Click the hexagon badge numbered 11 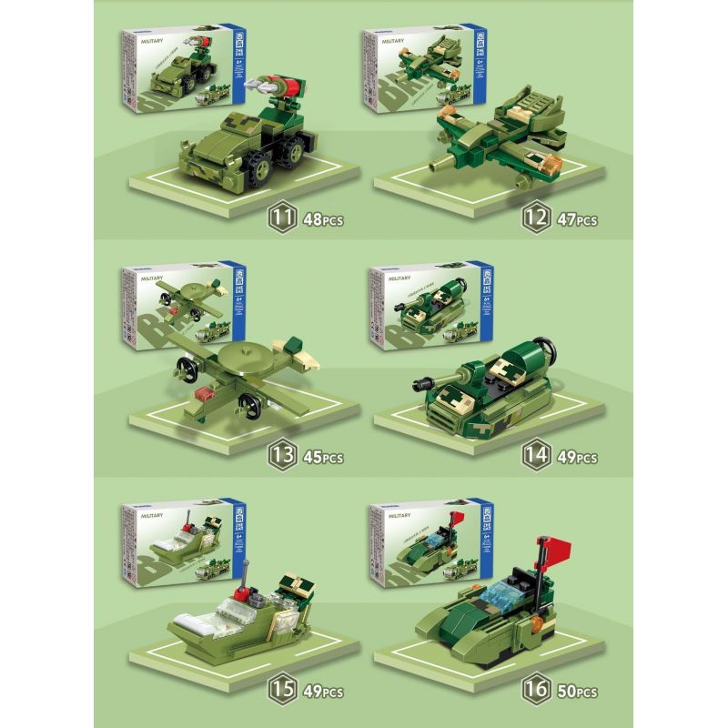[x=279, y=217]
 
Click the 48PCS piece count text [x=320, y=220]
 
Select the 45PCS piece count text [x=321, y=456]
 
